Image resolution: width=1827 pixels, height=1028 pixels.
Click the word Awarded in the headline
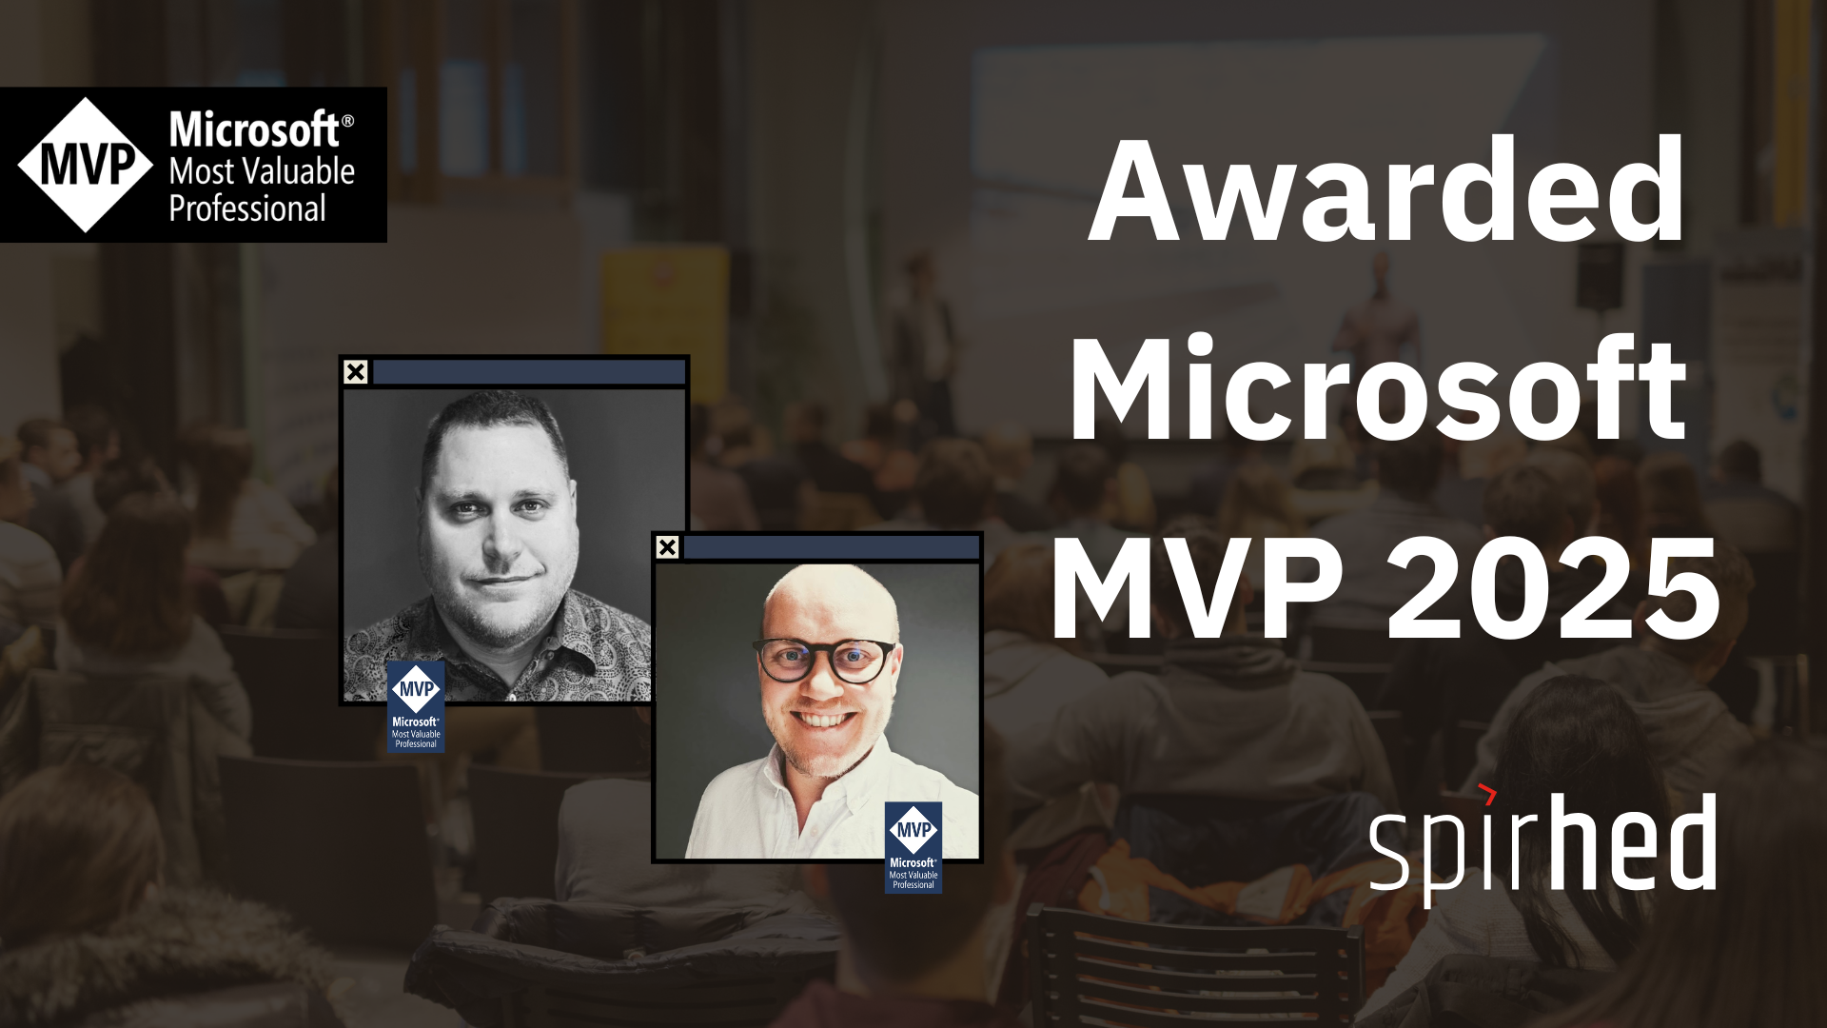click(x=1386, y=190)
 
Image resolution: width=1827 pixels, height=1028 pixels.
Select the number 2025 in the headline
click(x=1553, y=587)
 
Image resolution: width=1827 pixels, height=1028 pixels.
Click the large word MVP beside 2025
click(x=1197, y=587)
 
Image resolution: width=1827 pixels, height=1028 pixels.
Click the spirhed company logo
click(x=1542, y=843)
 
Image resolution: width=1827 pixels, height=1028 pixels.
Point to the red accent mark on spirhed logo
click(x=1488, y=793)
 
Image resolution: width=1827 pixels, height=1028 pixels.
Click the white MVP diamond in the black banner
click(x=86, y=165)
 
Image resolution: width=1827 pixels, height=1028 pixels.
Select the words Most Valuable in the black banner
click(x=262, y=171)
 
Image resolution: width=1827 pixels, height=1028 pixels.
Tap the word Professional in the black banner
click(x=247, y=208)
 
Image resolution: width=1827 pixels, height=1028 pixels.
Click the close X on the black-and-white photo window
click(x=356, y=372)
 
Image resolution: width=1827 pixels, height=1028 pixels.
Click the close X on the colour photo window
click(x=668, y=547)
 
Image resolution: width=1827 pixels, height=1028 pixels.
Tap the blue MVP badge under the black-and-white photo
click(x=416, y=707)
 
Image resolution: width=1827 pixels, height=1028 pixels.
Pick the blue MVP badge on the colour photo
click(x=913, y=847)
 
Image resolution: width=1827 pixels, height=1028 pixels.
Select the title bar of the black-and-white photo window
click(x=529, y=372)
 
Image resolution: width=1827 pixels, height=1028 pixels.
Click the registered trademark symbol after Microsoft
click(x=347, y=121)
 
